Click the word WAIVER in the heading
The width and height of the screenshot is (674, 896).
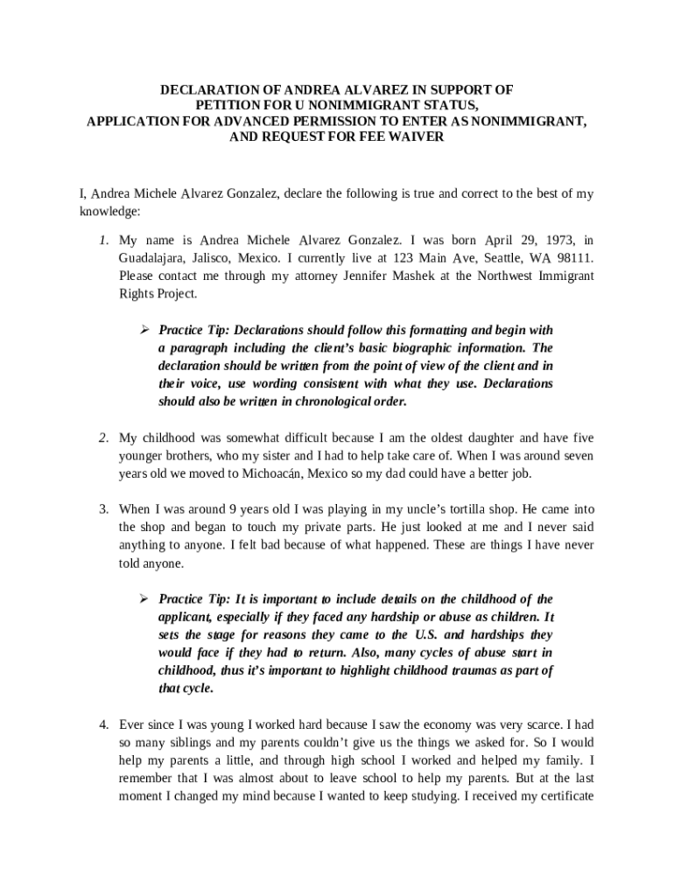417,137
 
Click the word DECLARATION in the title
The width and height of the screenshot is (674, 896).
207,90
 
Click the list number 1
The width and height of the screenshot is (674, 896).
102,240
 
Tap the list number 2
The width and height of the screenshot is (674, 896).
102,437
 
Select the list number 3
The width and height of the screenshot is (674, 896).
102,507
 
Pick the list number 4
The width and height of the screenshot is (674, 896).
102,724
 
